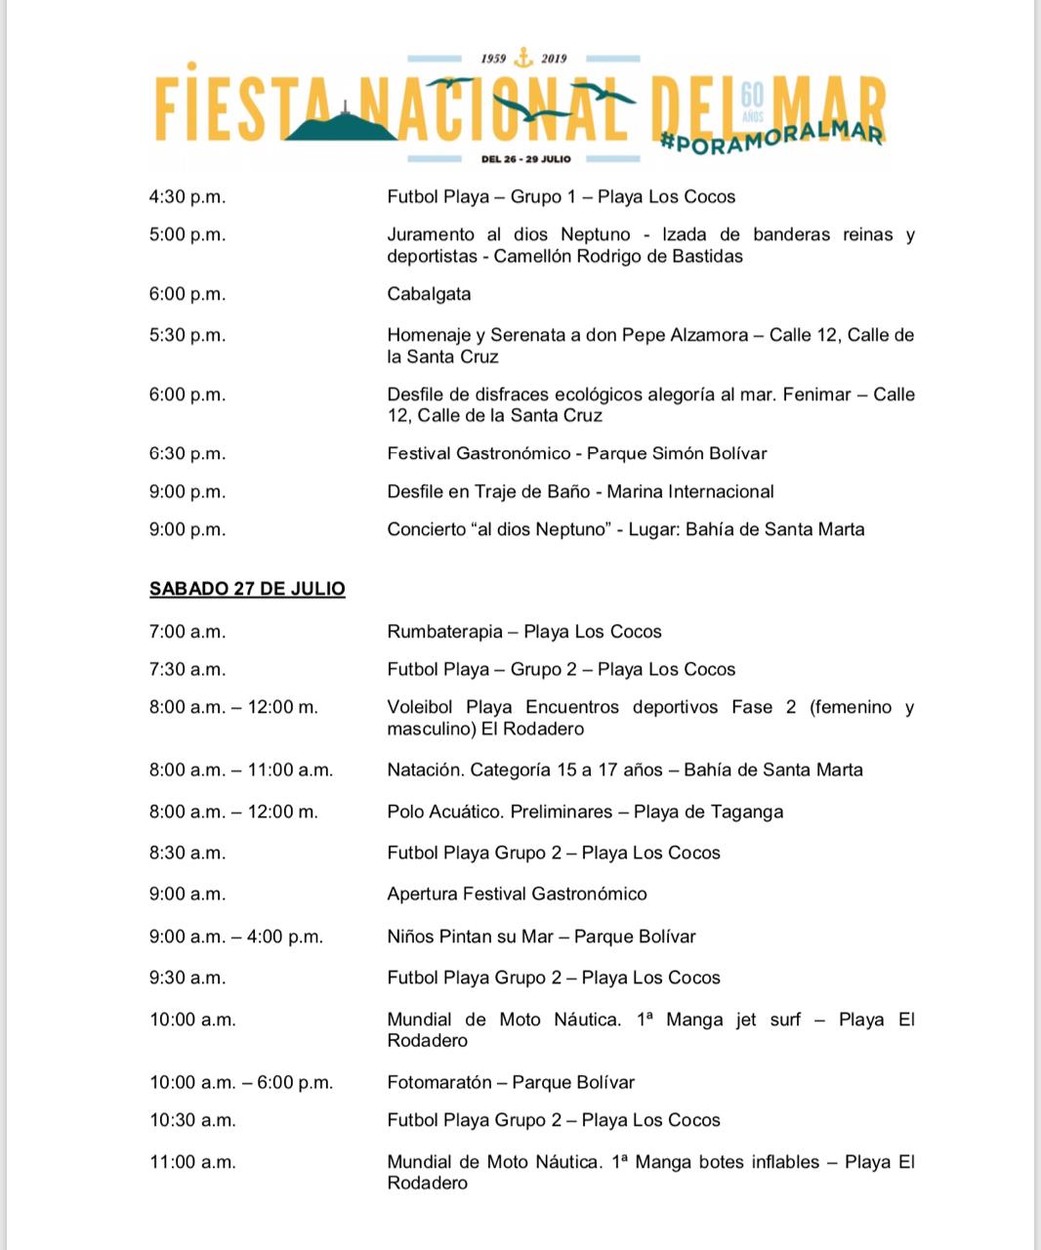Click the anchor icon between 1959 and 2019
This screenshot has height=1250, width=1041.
tap(524, 58)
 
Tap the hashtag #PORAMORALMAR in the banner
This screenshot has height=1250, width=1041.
tap(772, 137)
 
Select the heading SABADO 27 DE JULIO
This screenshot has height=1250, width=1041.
tap(247, 589)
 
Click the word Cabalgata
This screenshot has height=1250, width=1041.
tap(429, 294)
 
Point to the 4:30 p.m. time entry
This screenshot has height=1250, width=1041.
tap(187, 196)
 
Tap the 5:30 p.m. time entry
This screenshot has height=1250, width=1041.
tap(187, 335)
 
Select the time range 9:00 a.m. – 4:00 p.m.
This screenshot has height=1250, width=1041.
tap(236, 937)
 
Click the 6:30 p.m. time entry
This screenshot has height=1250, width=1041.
tap(187, 453)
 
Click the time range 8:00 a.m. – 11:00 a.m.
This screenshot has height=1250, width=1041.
tap(241, 770)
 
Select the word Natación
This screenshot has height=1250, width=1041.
tap(424, 770)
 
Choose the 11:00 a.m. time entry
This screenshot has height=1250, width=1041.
tap(192, 1162)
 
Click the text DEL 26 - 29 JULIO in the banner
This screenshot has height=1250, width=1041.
tap(525, 159)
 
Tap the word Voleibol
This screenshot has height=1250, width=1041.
tap(421, 707)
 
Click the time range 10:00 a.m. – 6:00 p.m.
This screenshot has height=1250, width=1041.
tap(241, 1082)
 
